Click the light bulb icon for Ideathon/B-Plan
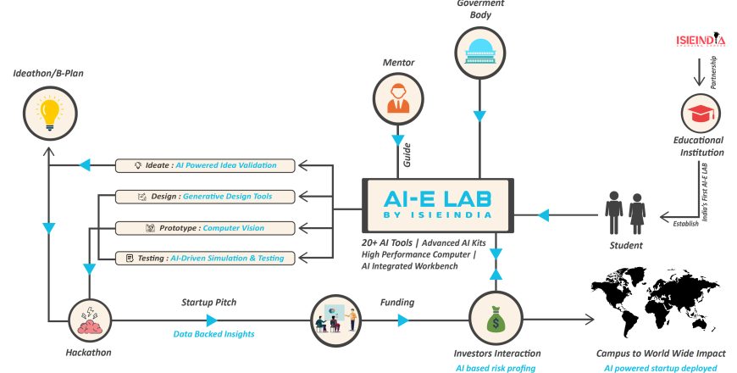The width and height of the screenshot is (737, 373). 50,114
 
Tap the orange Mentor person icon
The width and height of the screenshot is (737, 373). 398,99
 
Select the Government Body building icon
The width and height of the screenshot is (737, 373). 479,52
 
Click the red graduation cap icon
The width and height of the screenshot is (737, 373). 701,114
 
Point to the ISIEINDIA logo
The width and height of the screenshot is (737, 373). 701,40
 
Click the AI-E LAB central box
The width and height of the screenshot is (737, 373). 438,205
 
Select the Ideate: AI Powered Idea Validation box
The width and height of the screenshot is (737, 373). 205,165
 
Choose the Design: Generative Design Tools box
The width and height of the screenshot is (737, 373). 205,197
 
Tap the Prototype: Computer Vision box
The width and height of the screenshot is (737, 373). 205,228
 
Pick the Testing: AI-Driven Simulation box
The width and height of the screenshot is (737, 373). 205,259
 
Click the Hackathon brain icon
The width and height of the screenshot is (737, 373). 90,320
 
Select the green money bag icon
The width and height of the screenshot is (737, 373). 496,319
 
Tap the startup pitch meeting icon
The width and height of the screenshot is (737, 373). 335,320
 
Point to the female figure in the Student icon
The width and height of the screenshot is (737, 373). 637,213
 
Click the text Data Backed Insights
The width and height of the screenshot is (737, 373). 213,334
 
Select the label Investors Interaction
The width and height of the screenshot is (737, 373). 496,354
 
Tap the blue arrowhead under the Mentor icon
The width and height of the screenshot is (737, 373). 398,140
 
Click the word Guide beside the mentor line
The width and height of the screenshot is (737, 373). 407,155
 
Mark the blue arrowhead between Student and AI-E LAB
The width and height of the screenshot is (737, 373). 543,215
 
